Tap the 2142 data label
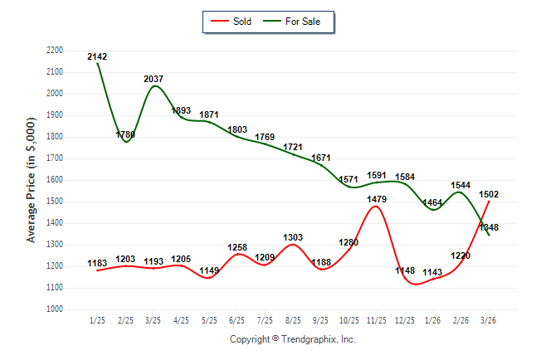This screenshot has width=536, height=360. (97, 56)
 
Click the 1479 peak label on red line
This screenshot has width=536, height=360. (375, 199)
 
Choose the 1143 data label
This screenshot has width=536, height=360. (431, 272)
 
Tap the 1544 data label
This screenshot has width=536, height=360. (460, 186)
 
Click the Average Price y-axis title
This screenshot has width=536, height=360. (32, 180)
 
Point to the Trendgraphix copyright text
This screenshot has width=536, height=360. (292, 339)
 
